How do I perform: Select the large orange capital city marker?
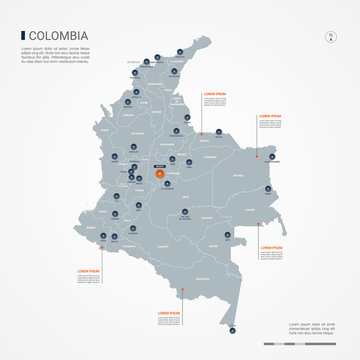pos(161,175)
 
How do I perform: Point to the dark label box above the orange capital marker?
pos(161,164)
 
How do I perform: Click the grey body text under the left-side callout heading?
pos(90,280)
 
